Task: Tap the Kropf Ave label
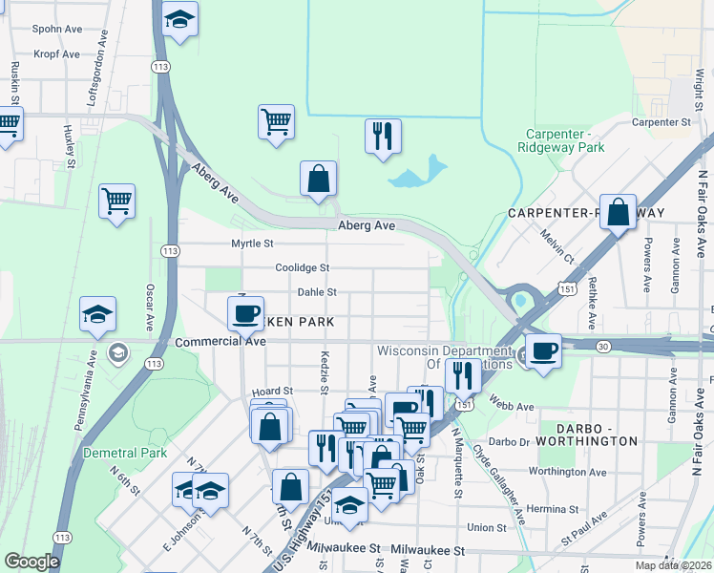pyautogui.click(x=56, y=53)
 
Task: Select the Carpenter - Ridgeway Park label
pyautogui.click(x=561, y=141)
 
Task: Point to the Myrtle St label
pyautogui.click(x=252, y=244)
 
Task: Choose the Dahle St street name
pyautogui.click(x=317, y=292)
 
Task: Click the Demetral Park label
pyautogui.click(x=125, y=453)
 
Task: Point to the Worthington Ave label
pyautogui.click(x=568, y=472)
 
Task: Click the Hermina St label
pyautogui.click(x=575, y=508)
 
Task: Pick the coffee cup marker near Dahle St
pyautogui.click(x=245, y=312)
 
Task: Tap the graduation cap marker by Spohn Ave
pyautogui.click(x=178, y=20)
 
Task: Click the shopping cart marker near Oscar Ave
pyautogui.click(x=117, y=201)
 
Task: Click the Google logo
pyautogui.click(x=31, y=562)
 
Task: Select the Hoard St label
pyautogui.click(x=271, y=392)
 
